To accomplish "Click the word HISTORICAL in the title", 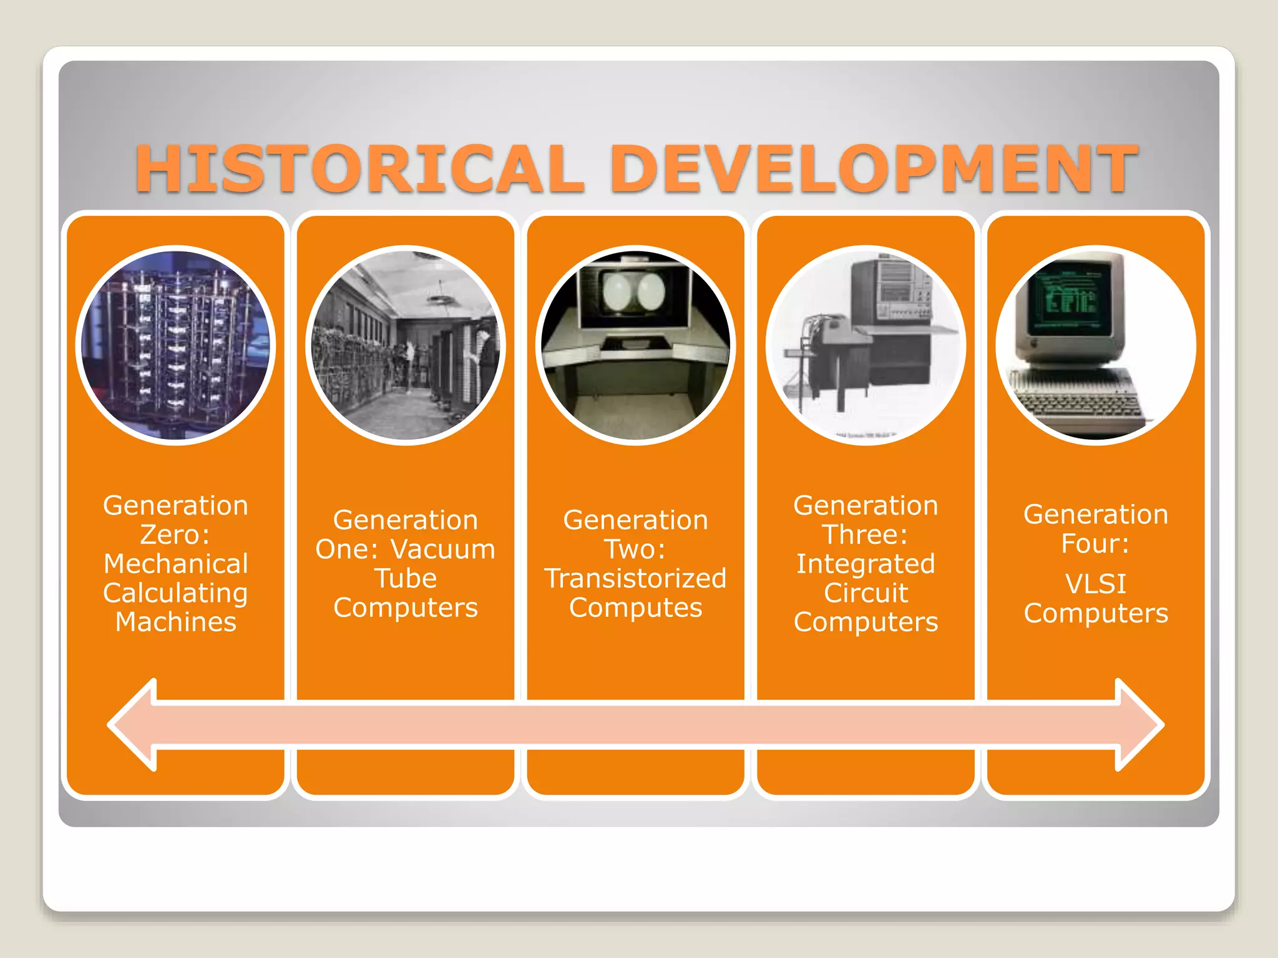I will [359, 168].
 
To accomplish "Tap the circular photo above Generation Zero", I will [175, 345].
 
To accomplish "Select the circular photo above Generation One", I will [406, 345].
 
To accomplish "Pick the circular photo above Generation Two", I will [635, 345].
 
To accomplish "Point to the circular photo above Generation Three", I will [866, 345].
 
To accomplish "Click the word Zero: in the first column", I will [175, 535].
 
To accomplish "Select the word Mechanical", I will [175, 564].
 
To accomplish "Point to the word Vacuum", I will [442, 549].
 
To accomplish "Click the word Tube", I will [406, 579].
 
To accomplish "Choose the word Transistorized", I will [635, 579].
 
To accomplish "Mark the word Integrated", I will [866, 564].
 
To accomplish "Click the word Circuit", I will [866, 593].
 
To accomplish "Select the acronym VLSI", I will [1095, 584].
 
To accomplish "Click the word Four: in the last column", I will [1095, 543].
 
